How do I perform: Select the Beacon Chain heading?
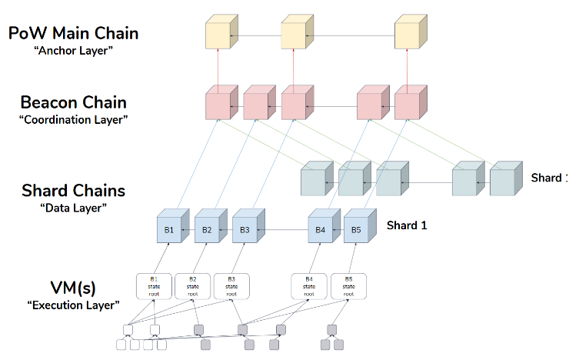coord(74,102)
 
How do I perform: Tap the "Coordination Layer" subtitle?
coord(74,120)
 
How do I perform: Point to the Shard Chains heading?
coord(74,191)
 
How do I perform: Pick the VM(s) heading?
coord(74,287)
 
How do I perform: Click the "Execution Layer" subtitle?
coord(74,305)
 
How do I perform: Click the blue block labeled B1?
coord(169,230)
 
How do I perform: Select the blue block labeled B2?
coord(207,230)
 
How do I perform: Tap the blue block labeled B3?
coord(245,230)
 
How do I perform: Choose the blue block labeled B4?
coord(321,230)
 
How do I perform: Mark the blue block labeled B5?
coord(356,230)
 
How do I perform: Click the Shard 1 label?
coord(407,225)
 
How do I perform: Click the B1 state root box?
coord(154,286)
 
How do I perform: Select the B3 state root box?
coord(231,286)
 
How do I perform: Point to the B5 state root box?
coord(348,286)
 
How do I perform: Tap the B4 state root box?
coord(309,286)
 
